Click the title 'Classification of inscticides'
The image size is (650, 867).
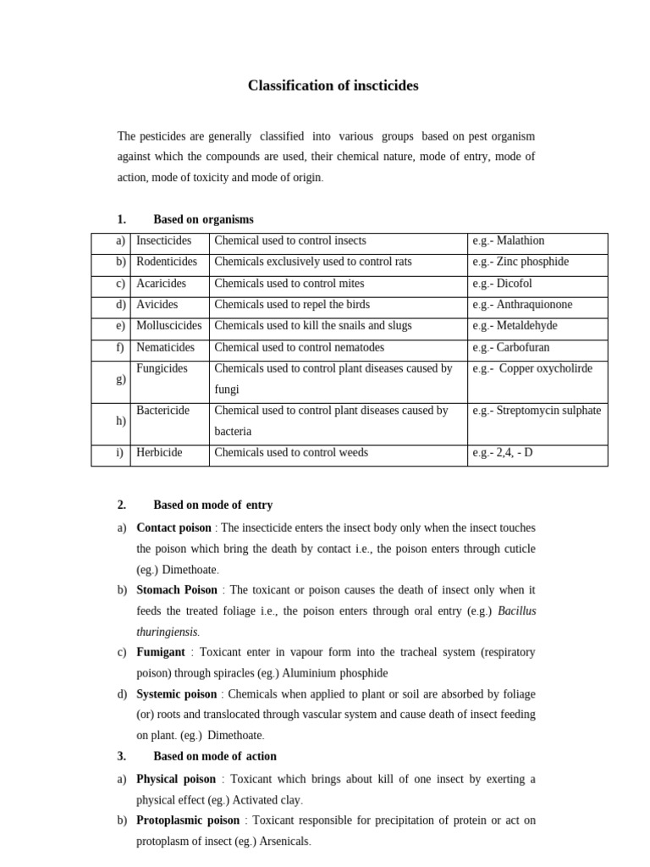click(x=333, y=86)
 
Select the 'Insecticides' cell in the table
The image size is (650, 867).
click(x=164, y=241)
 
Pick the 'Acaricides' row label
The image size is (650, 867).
click(x=161, y=284)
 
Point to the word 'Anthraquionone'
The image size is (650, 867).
click(x=534, y=305)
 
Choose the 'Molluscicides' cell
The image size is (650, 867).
click(x=169, y=326)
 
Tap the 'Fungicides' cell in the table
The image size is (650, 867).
click(x=162, y=368)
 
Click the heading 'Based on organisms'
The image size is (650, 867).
click(x=203, y=219)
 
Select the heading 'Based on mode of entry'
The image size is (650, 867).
click(x=212, y=505)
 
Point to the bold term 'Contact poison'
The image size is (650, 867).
click(x=174, y=527)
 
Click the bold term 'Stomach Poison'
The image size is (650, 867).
click(x=177, y=590)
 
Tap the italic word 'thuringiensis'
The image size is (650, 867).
click(x=167, y=632)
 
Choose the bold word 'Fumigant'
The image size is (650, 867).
click(x=161, y=652)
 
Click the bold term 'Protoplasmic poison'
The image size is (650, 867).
click(x=188, y=820)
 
